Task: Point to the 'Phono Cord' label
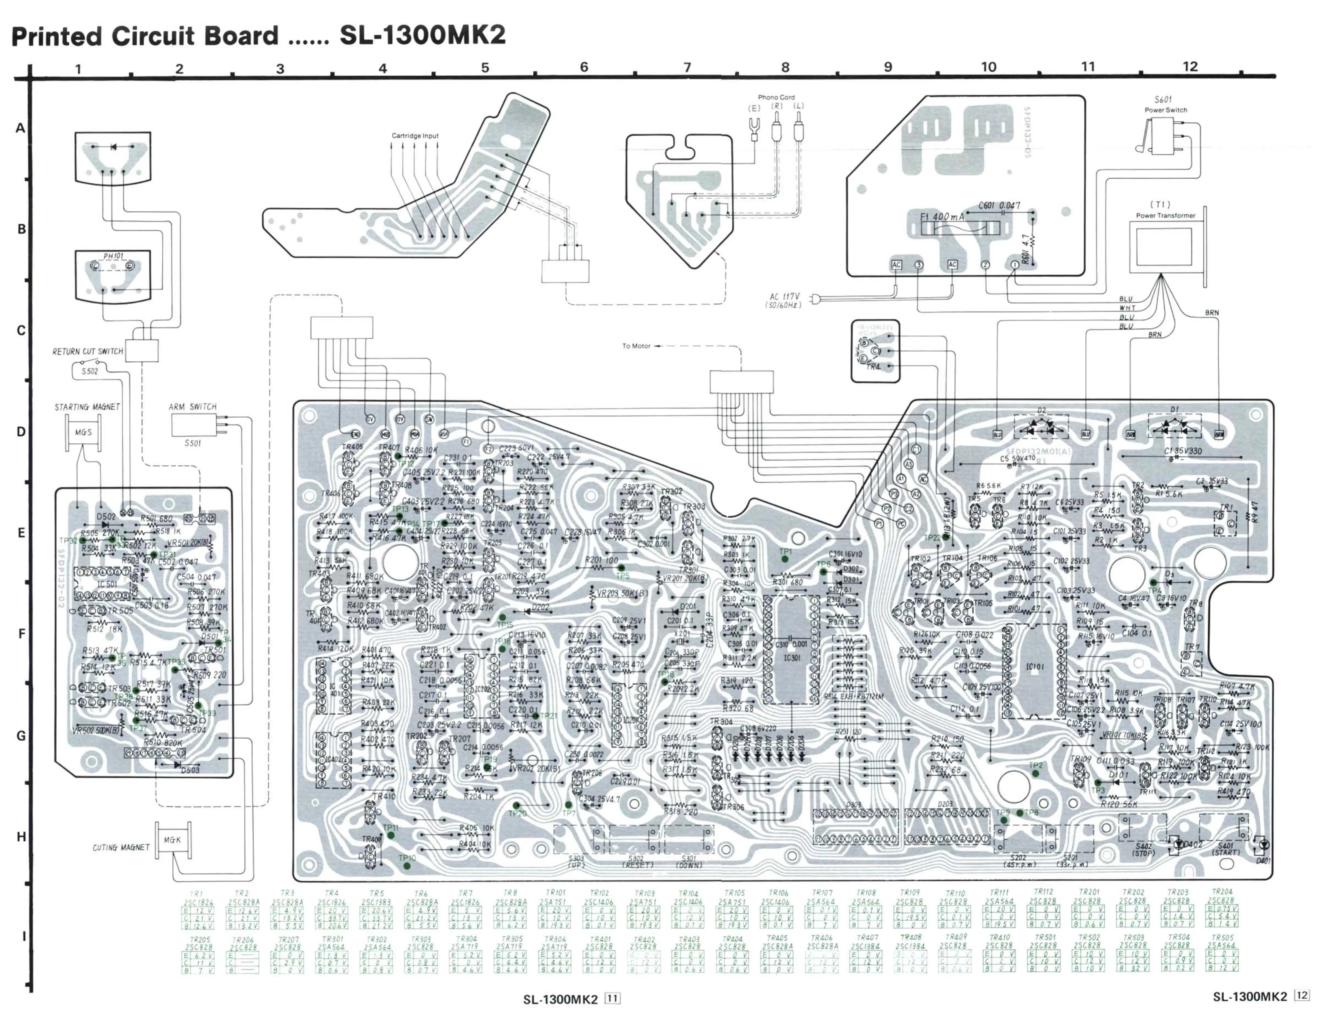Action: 776,97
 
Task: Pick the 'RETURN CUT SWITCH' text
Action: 88,351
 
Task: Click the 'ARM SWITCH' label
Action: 193,407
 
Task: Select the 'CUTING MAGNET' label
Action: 121,847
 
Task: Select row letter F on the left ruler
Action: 21,634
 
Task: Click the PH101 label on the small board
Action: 113,256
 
